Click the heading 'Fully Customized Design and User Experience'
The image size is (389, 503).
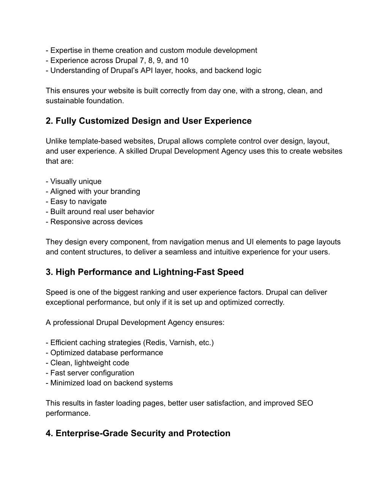149,121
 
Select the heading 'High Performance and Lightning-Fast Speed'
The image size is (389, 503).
145,272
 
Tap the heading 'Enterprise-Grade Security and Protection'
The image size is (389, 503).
138,433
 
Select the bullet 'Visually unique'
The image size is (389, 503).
76,181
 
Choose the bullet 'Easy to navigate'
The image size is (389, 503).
78,201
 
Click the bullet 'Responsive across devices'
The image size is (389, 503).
96,221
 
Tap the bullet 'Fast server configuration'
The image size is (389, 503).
92,373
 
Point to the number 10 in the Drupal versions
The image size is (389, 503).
184,60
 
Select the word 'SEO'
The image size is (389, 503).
305,403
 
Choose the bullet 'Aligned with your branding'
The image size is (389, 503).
95,191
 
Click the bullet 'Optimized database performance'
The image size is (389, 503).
106,352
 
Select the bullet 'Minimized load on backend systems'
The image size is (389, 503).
111,383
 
